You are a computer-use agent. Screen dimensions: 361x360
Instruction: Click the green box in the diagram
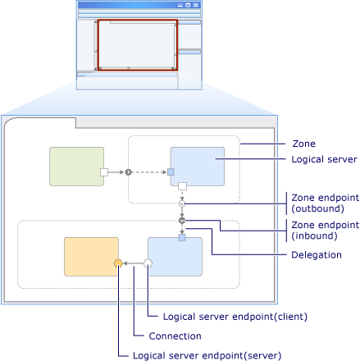point(76,168)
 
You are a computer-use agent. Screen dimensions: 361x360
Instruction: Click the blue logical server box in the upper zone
point(198,167)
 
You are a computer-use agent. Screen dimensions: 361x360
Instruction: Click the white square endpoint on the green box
point(104,172)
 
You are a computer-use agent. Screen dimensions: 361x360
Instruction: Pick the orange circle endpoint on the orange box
point(119,263)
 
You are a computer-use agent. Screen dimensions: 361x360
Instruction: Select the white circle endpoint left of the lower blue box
point(148,263)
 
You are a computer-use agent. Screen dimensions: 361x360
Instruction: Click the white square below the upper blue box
point(183,187)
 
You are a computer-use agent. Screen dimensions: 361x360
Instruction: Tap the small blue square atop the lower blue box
point(183,237)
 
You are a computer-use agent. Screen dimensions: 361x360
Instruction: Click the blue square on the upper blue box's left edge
point(171,172)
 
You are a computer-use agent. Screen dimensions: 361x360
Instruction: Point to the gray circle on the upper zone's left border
point(129,172)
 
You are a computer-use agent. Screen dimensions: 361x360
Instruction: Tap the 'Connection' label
point(175,336)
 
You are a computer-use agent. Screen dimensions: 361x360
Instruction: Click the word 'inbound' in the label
point(316,235)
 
